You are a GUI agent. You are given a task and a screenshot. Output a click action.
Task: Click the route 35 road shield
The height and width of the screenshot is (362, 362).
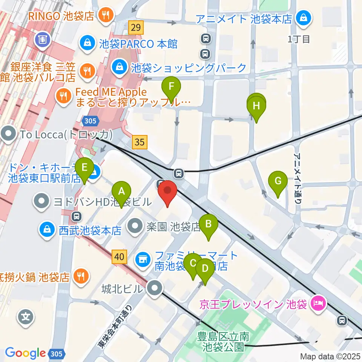140,142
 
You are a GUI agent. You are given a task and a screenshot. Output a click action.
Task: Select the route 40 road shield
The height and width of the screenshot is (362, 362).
119,258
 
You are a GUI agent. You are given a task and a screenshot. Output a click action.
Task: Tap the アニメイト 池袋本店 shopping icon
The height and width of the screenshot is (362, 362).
302,18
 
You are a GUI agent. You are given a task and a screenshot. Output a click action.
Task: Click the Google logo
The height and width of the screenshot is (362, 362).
25,353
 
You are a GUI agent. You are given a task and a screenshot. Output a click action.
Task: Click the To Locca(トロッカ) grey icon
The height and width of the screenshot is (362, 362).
8,133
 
